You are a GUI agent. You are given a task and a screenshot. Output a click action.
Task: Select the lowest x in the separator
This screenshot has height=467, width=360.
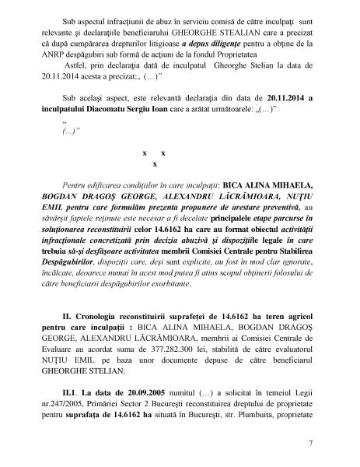click(x=156, y=165)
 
